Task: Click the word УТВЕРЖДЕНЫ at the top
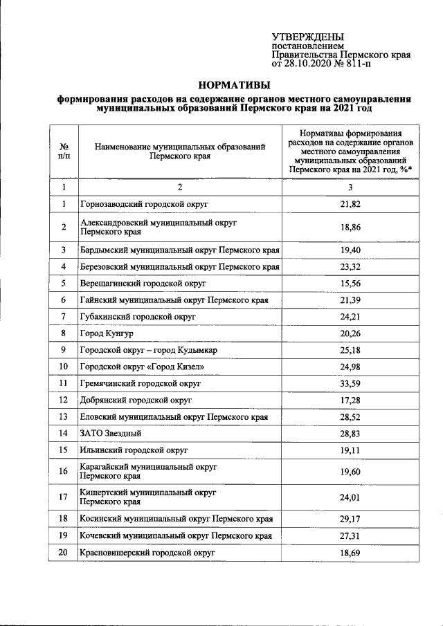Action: tap(307, 37)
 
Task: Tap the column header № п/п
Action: tap(64, 151)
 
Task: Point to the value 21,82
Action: tap(351, 204)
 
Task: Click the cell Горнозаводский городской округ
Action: tap(144, 204)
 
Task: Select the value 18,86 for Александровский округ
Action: tap(351, 227)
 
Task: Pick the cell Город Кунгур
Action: tap(105, 333)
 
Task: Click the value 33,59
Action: tap(351, 383)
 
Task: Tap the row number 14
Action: tap(64, 433)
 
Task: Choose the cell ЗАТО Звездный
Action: tap(111, 433)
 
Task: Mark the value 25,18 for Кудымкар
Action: tap(351, 350)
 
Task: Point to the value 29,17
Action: tap(351, 518)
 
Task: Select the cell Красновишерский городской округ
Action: tap(147, 553)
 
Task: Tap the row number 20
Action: tap(64, 553)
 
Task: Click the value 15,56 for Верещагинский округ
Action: tap(351, 283)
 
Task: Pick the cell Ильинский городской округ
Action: tap(134, 449)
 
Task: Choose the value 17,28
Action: tap(351, 400)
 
